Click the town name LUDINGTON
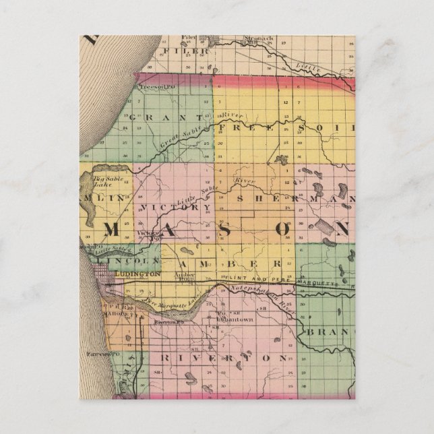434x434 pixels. [137, 274]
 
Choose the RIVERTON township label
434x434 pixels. [222, 359]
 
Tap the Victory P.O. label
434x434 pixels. [148, 235]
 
